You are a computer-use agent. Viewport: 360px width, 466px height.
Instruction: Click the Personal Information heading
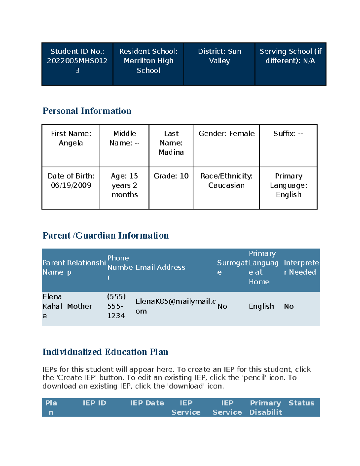coord(87,111)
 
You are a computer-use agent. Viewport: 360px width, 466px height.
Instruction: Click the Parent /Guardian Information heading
coord(106,236)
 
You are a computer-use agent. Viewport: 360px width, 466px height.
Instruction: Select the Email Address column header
coord(160,267)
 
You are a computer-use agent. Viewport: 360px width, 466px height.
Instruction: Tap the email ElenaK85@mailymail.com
coord(175,306)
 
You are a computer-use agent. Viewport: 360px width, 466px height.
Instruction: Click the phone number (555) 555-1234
coord(116,306)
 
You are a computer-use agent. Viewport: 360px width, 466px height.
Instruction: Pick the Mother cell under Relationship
coord(79,306)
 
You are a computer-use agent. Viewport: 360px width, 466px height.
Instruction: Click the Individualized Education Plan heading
coord(105,352)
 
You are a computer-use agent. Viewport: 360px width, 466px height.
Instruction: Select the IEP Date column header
coord(147,403)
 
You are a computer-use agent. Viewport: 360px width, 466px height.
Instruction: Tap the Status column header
coord(301,403)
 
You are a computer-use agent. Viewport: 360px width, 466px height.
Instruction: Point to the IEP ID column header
coord(94,403)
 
